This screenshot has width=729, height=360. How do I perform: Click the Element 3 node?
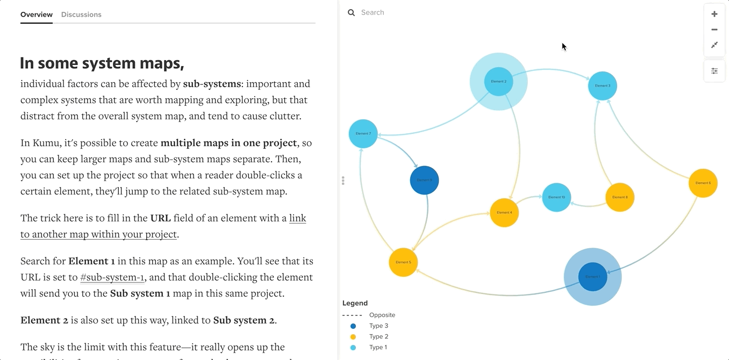pos(602,86)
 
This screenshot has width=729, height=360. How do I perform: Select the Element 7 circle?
pos(363,134)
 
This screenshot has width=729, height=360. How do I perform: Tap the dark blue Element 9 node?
pos(424,180)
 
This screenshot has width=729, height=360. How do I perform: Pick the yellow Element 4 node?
pos(504,213)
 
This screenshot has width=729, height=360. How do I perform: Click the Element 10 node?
pos(556,197)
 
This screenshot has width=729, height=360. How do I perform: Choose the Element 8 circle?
pos(620,197)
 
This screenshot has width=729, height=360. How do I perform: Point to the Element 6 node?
pos(703,183)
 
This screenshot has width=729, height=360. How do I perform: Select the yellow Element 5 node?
pos(403,262)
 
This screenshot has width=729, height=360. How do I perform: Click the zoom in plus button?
pos(714,14)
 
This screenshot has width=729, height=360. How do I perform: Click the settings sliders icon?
pos(714,71)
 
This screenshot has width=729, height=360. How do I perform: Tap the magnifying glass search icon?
pos(352,12)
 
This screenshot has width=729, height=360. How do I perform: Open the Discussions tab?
pos(81,15)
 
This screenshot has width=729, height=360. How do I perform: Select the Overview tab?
pos(37,15)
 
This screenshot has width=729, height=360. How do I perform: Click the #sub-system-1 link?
pos(112,277)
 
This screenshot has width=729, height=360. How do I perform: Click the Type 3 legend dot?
pos(353,326)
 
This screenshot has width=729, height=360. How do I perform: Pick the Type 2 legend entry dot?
pos(353,337)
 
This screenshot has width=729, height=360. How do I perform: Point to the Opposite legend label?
pos(382,315)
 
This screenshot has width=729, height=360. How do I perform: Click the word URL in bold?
pos(160,218)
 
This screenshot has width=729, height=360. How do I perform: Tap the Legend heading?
pos(355,303)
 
